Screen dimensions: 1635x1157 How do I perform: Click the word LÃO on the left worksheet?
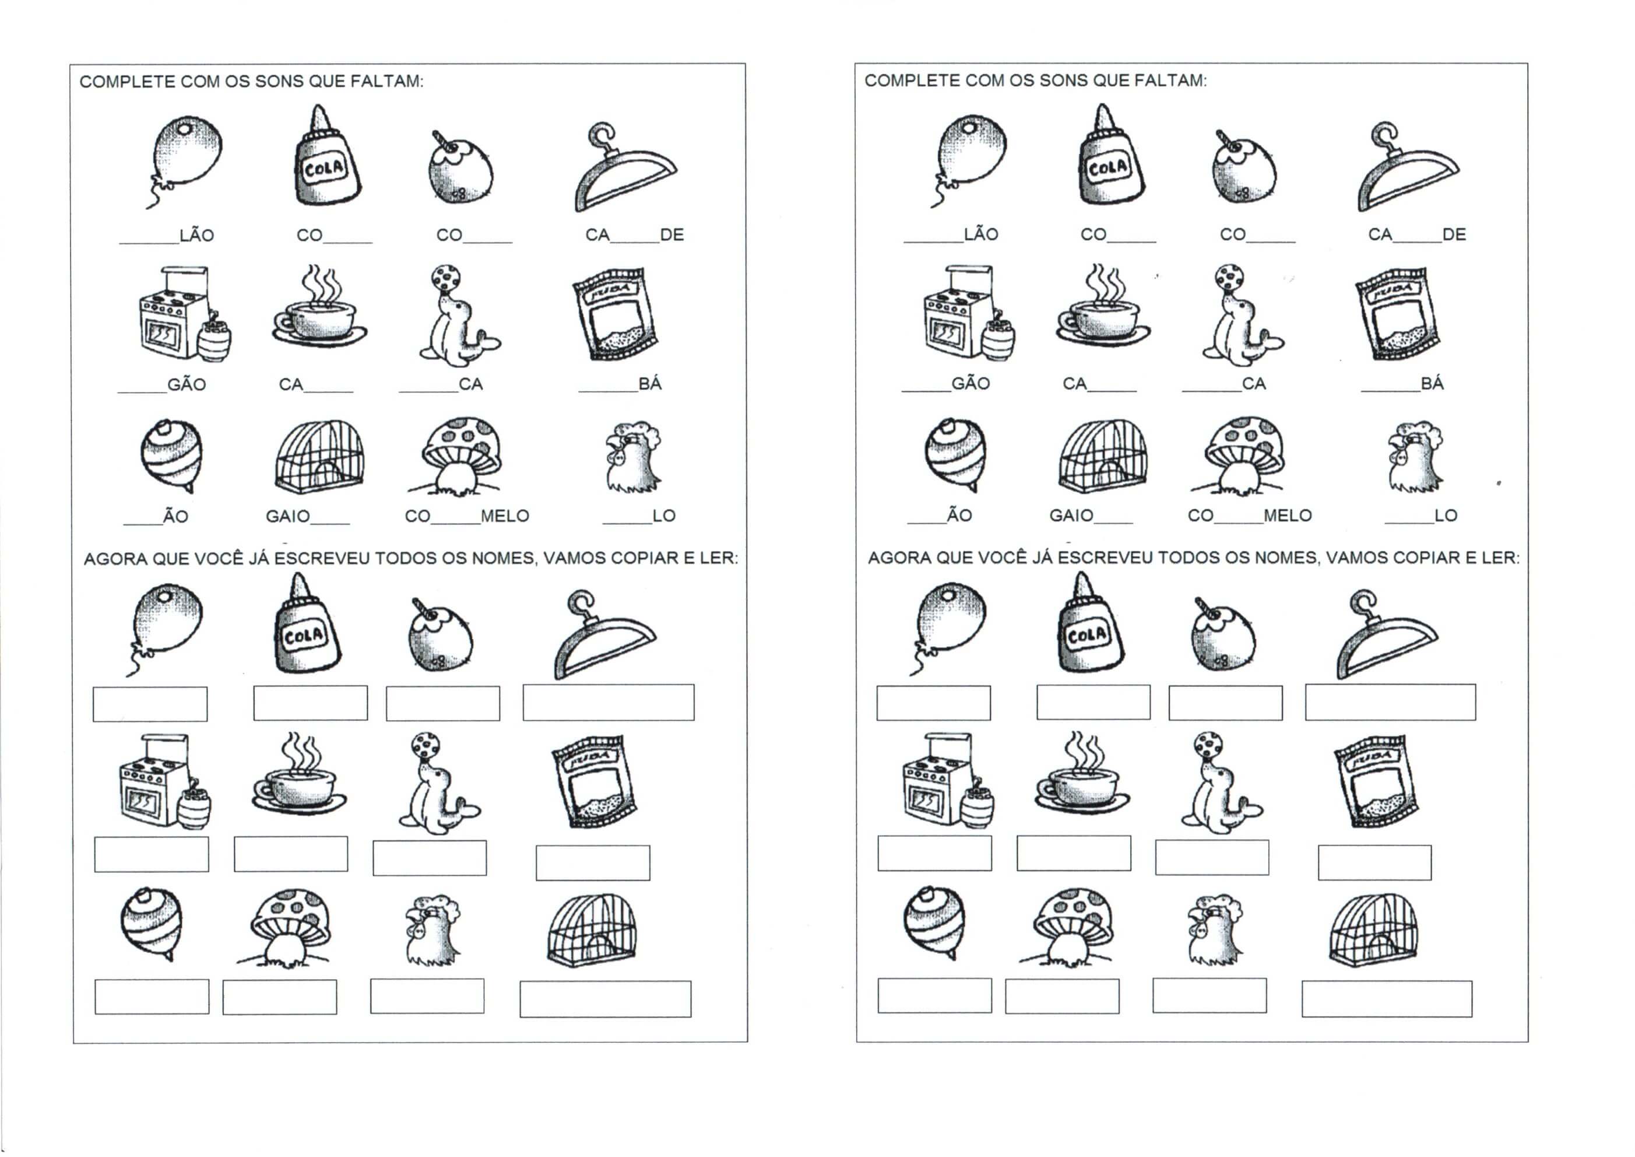coord(196,234)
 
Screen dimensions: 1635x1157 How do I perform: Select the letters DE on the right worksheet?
coord(1454,234)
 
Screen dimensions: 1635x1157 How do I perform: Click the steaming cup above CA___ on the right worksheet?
coord(1103,306)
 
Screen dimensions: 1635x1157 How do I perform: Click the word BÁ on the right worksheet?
coord(1432,383)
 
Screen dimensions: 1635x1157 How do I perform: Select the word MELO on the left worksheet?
coord(505,516)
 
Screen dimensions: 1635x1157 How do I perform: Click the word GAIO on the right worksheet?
coord(1071,515)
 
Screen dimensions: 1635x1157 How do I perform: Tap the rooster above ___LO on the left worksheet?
coord(633,457)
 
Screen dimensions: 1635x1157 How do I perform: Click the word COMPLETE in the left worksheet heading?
coord(128,82)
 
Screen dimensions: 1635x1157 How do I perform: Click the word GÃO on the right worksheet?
coord(971,383)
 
